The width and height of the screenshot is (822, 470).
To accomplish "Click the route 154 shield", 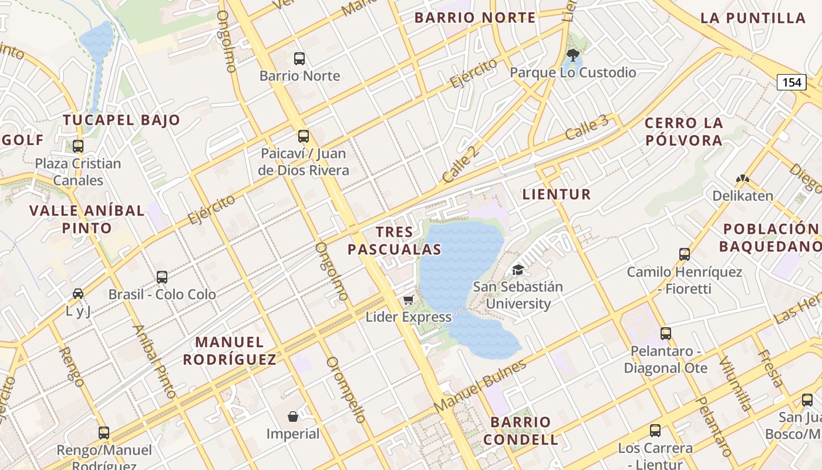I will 791,82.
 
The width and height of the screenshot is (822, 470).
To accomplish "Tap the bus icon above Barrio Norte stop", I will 299,59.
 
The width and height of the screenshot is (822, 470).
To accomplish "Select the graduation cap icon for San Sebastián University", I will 518,270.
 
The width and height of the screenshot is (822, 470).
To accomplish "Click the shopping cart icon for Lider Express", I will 409,300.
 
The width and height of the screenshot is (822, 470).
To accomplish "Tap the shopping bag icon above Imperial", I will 293,417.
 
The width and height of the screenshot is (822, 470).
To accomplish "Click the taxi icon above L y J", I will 78,293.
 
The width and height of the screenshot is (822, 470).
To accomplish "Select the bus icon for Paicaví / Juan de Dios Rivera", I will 304,136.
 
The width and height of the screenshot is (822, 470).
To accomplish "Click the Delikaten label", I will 743,196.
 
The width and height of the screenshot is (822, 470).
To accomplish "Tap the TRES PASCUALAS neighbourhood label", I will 394,241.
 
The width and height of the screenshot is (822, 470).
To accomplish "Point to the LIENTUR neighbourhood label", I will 557,194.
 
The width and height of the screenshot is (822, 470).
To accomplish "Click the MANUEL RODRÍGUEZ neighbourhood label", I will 230,351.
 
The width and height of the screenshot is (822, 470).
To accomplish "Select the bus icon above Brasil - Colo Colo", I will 162,277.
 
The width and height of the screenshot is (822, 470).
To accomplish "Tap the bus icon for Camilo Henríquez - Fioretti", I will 685,254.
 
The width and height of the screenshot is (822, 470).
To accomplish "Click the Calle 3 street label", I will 587,127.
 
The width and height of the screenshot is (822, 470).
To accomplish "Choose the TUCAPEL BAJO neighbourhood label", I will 122,120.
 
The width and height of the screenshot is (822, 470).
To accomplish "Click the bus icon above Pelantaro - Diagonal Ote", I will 666,334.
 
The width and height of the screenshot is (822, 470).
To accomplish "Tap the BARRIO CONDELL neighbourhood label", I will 521,431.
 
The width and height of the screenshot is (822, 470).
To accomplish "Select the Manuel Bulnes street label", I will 480,386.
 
